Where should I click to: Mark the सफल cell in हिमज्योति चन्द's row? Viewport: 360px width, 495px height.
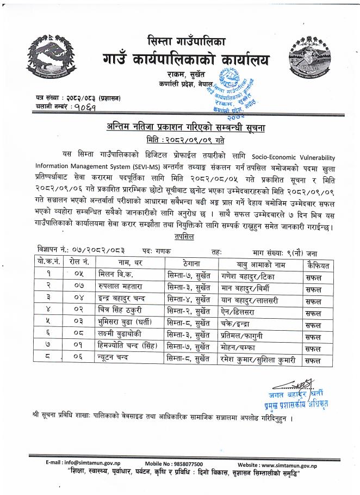point(313,349)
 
